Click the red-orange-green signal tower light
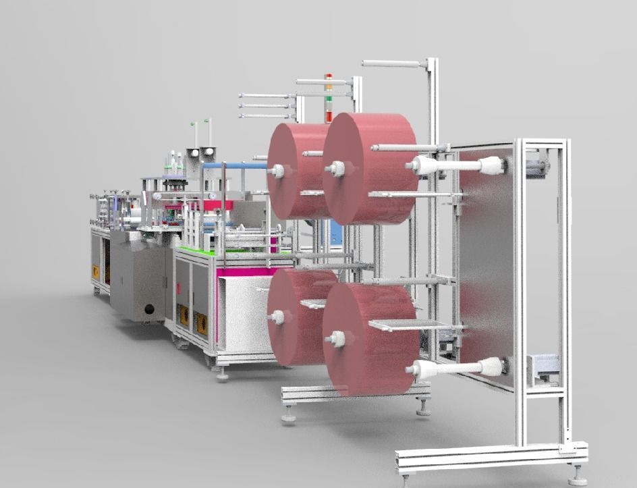point(329,99)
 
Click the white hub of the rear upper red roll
point(277,171)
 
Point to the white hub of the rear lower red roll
point(277,315)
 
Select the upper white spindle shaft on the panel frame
point(455,165)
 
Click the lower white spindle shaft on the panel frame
point(455,368)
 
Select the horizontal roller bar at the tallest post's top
point(391,63)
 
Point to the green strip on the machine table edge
point(202,251)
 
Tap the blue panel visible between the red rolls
point(336,233)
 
